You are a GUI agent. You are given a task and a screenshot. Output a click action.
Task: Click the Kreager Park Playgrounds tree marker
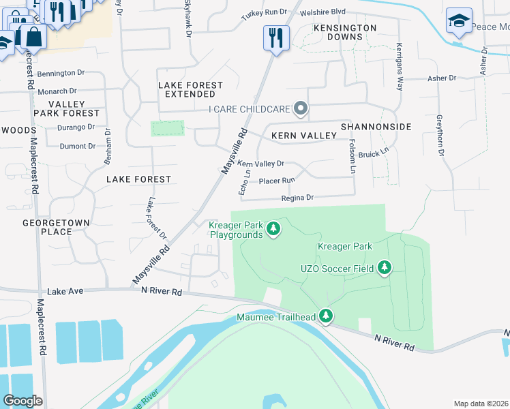tap(273, 228)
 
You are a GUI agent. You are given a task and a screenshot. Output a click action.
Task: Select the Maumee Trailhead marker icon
tap(327, 316)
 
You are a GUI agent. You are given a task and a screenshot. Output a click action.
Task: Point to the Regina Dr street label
tap(297, 198)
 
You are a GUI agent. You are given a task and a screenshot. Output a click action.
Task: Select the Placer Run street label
tap(277, 181)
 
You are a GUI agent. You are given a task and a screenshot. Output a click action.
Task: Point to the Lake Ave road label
tap(65, 291)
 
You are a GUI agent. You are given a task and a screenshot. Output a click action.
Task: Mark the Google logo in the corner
tap(22, 401)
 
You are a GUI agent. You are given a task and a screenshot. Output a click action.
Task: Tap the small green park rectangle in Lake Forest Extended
tap(167, 128)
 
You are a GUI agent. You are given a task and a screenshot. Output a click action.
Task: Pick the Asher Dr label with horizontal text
tap(441, 78)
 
